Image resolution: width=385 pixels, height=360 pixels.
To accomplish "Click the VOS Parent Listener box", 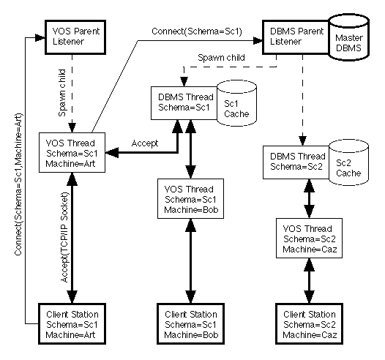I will point(71,36).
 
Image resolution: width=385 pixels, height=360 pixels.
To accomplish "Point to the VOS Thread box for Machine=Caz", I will point(305,240).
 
